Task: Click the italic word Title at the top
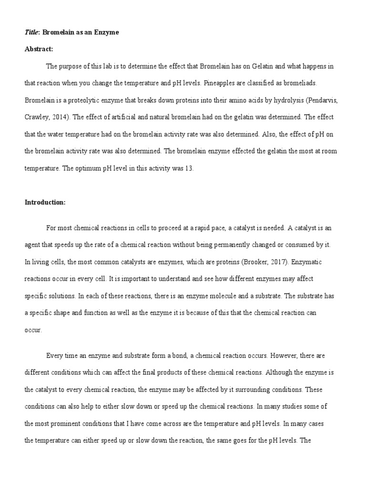click(x=32, y=32)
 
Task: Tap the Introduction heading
click(x=45, y=202)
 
